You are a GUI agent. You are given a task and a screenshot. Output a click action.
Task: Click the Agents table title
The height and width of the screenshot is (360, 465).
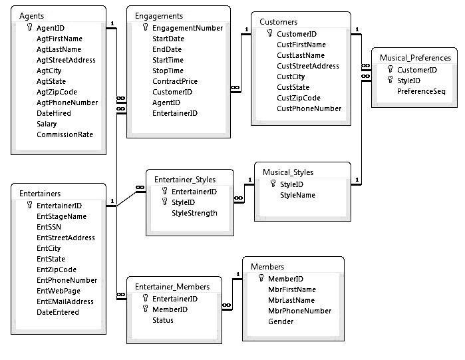(x=31, y=16)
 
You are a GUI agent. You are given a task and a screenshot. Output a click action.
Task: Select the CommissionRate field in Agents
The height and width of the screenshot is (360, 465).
(x=65, y=134)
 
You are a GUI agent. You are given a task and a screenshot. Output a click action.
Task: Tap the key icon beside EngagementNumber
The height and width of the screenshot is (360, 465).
(x=145, y=27)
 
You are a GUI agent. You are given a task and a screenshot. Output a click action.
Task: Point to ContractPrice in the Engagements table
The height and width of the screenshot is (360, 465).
(x=175, y=81)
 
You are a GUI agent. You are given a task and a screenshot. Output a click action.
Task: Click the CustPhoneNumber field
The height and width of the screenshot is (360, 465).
(x=309, y=108)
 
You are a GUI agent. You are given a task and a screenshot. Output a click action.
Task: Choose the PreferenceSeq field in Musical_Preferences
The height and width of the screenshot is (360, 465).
(x=421, y=91)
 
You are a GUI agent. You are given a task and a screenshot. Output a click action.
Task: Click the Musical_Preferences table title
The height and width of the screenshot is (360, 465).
(x=415, y=58)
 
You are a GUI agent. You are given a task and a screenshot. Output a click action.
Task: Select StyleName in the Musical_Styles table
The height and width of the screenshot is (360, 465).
(x=297, y=195)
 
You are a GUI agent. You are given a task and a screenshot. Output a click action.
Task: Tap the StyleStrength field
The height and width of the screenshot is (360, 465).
(x=194, y=213)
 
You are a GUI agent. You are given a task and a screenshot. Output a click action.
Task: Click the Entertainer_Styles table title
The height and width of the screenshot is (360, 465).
(x=185, y=180)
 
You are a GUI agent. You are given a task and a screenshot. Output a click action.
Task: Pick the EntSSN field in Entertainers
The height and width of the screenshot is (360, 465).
(x=49, y=227)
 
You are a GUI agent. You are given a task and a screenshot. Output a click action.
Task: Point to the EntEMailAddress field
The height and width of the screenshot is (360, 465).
(x=65, y=301)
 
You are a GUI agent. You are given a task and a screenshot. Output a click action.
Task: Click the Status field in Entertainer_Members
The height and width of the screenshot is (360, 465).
(x=163, y=320)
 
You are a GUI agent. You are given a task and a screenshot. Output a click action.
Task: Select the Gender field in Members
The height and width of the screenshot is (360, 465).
(x=281, y=321)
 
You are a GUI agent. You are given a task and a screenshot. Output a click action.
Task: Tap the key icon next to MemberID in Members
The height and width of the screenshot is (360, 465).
(x=261, y=278)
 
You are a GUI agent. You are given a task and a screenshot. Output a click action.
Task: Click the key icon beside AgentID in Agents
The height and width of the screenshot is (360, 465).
(x=29, y=27)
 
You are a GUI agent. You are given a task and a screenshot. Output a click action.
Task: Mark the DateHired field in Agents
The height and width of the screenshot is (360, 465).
(x=54, y=113)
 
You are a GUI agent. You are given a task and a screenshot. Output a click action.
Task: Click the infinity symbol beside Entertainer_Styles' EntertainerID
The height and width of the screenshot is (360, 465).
(x=140, y=188)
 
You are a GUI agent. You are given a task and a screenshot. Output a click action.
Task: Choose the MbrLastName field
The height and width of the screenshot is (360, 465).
(x=291, y=300)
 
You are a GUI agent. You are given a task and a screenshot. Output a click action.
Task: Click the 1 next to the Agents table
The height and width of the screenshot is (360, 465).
(x=112, y=23)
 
